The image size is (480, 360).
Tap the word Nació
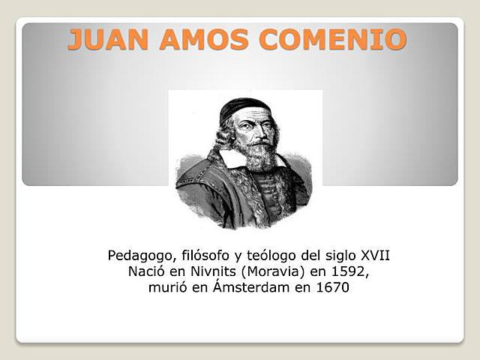[x=147, y=272]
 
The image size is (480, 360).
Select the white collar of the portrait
[x=232, y=158]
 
